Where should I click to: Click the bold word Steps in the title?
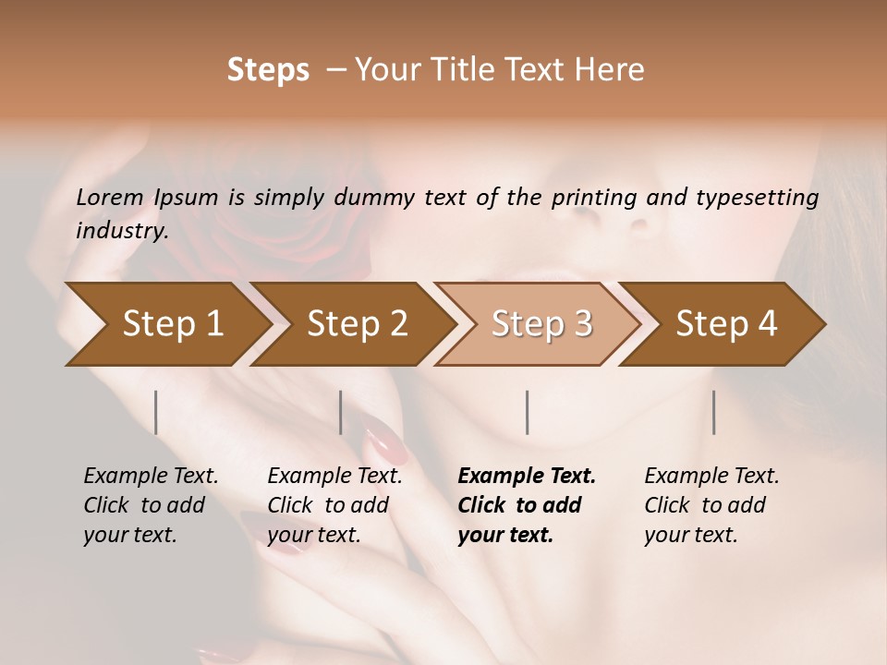click(x=268, y=70)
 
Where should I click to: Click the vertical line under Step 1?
click(x=156, y=412)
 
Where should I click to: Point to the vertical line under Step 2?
click(x=341, y=412)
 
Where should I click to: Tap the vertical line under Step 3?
click(x=528, y=412)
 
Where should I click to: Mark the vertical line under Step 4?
click(x=714, y=412)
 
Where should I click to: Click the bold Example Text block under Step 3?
click(x=527, y=505)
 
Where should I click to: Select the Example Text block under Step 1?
click(x=151, y=505)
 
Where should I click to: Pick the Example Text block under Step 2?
click(x=334, y=505)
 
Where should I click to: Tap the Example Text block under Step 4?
click(x=711, y=505)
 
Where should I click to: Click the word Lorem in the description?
click(x=110, y=198)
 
